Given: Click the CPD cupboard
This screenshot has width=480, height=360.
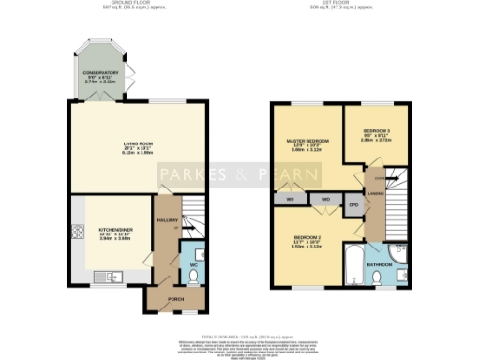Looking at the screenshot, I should [353, 203].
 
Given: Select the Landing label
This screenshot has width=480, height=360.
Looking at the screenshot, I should [373, 195].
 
